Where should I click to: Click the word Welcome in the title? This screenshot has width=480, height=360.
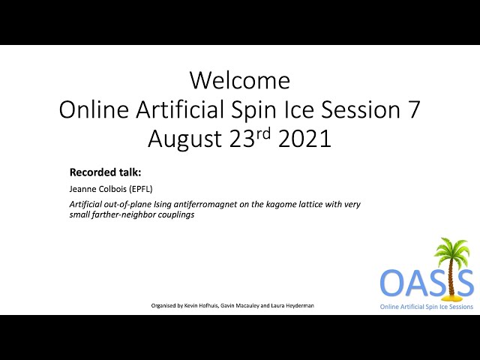coord(240,80)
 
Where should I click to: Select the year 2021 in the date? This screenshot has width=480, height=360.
coord(304,139)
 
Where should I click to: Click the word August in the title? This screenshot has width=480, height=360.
coord(184,139)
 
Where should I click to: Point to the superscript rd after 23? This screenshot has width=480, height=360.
coord(263,133)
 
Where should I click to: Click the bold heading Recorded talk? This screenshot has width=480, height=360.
coord(105,172)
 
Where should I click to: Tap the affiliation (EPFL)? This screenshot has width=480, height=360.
coord(141,189)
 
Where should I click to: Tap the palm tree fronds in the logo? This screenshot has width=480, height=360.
coord(451,249)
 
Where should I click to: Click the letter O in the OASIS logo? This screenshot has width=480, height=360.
coord(392,282)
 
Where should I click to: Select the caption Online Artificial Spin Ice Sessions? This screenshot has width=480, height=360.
coord(427,307)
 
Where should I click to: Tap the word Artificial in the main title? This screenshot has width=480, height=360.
coord(180,109)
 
